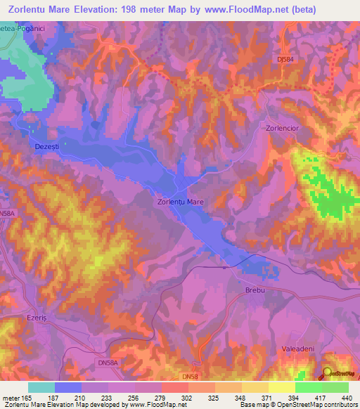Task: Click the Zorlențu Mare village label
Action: (x=180, y=202)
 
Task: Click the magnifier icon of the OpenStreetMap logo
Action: (x=328, y=373)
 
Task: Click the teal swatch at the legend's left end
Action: (x=41, y=387)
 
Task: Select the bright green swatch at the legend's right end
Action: (x=335, y=387)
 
